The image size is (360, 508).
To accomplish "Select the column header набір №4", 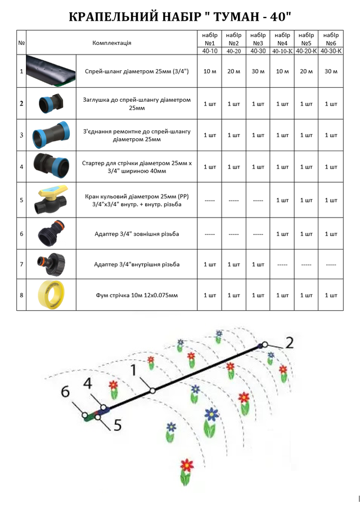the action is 282,39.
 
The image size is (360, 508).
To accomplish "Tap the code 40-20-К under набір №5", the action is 306,51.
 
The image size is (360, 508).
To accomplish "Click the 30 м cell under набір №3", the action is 258,71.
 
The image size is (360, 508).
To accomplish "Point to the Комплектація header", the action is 111,43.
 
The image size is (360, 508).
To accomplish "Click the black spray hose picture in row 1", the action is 51,71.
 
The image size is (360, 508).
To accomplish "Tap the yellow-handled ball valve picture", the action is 51,200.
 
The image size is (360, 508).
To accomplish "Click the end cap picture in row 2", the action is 51,103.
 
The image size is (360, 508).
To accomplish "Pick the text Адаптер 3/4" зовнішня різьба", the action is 137,234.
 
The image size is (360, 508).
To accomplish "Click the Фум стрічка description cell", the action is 137,295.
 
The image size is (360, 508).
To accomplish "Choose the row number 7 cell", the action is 21,264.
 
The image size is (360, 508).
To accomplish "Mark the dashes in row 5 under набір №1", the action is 209,201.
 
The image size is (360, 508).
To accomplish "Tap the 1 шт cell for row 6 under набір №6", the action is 331,234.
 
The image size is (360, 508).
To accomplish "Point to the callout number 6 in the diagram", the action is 65,391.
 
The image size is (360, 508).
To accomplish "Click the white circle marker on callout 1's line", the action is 152,391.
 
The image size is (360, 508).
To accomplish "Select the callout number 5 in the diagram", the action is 118,425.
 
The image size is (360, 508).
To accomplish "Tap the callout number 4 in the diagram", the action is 88,384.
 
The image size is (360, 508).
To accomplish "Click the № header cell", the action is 21,43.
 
